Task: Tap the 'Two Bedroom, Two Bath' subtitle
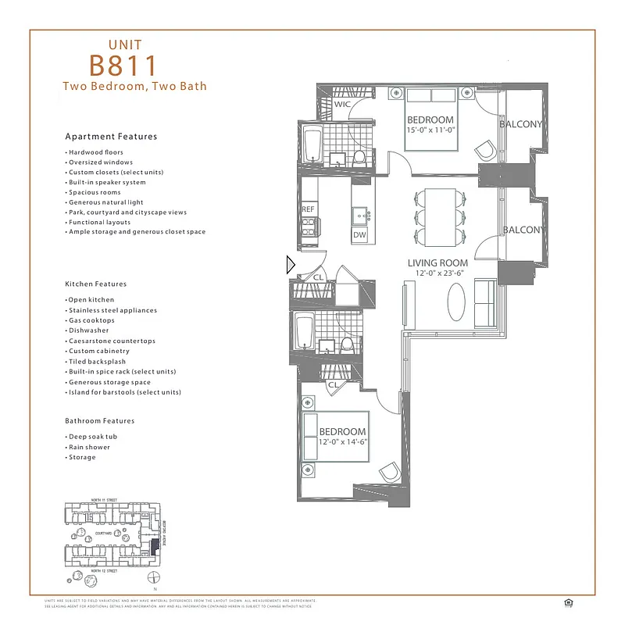135,86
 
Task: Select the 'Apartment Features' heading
111,137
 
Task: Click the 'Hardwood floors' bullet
95,152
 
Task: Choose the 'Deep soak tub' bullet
92,437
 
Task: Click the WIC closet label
342,104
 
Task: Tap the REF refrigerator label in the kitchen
308,209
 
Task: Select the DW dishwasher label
359,234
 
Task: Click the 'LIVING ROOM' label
437,263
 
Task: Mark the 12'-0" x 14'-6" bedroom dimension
343,442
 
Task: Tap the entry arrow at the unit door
291,265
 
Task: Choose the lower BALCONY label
521,230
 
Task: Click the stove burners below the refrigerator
308,227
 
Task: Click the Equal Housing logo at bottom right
568,602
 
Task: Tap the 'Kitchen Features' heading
96,284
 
